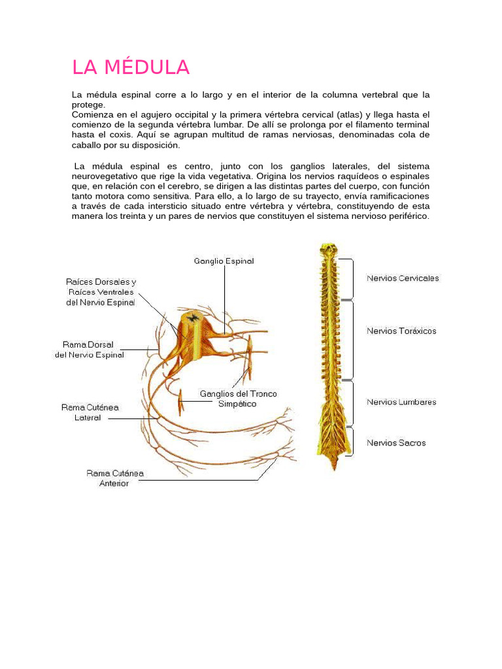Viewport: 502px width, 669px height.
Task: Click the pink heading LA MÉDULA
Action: pos(131,67)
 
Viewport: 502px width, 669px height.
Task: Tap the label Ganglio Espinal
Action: pos(224,261)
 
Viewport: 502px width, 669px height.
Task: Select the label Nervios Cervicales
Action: pos(403,278)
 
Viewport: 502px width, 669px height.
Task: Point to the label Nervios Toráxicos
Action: pos(401,331)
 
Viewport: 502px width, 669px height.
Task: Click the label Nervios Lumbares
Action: pos(401,402)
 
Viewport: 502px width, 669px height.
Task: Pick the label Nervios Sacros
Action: pos(396,442)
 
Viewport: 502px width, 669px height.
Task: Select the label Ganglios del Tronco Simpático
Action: pos(238,399)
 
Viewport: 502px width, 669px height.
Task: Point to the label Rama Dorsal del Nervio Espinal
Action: pos(88,350)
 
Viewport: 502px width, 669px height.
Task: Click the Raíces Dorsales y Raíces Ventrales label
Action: pos(101,292)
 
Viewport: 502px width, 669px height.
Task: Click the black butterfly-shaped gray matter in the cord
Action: pos(193,318)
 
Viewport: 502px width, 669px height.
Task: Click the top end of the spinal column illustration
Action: pos(328,249)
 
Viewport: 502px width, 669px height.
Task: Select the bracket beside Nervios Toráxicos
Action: pos(353,340)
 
